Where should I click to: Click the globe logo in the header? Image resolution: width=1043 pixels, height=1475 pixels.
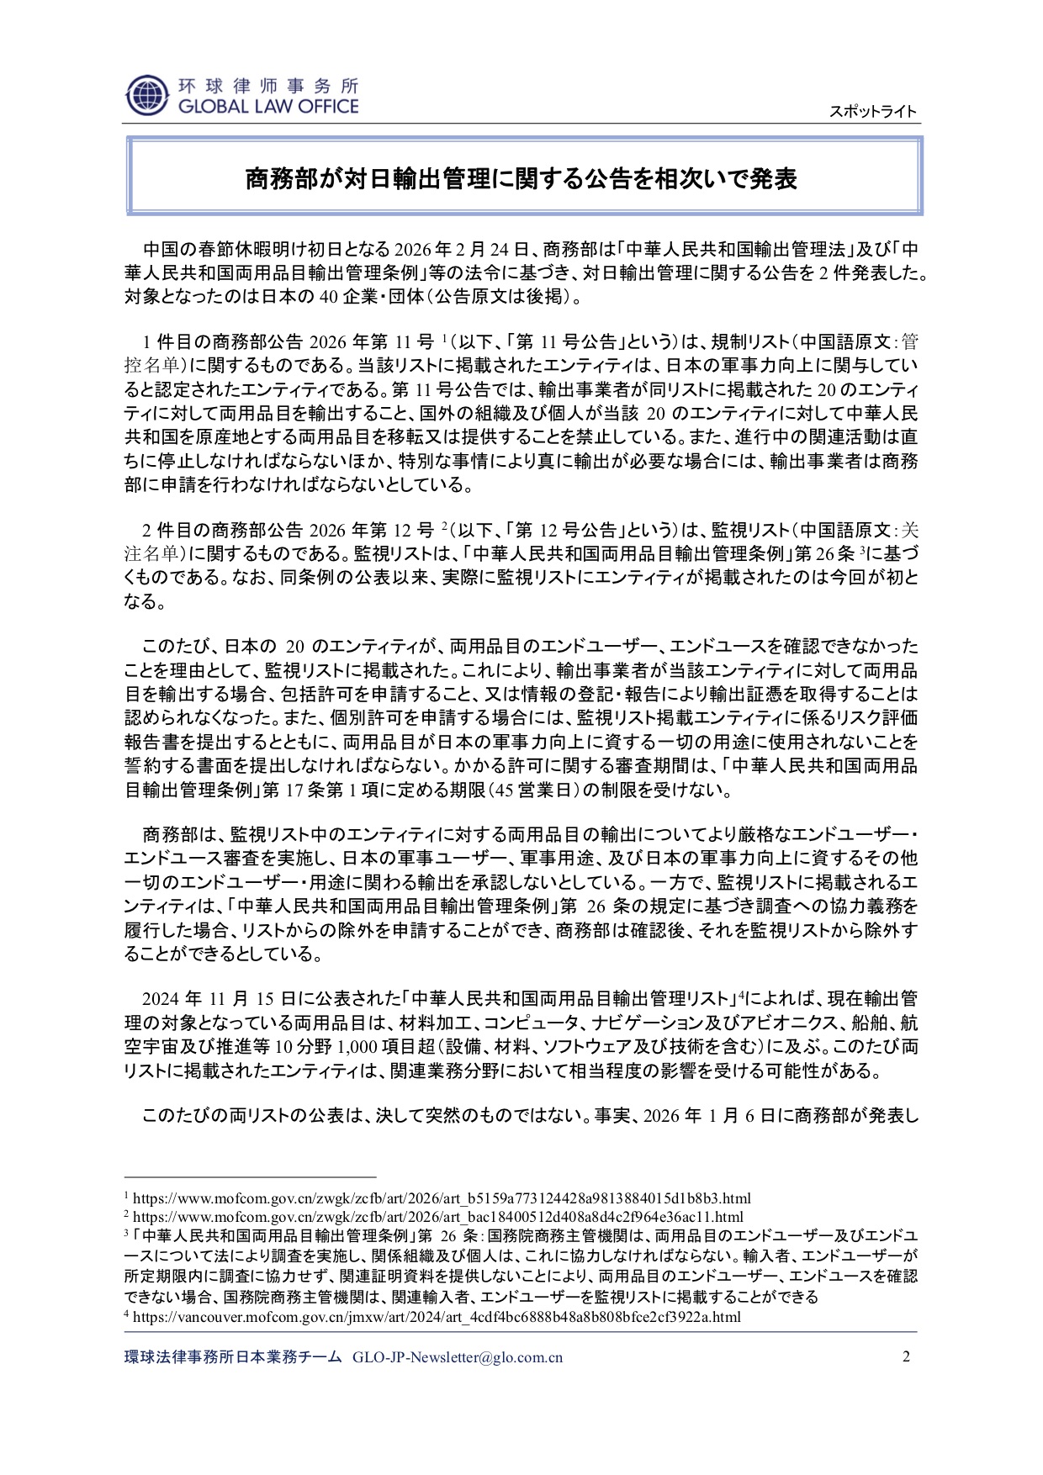[146, 95]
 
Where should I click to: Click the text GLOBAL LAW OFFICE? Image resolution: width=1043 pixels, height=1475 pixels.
[267, 107]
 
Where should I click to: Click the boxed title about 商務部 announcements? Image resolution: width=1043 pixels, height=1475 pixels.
[521, 178]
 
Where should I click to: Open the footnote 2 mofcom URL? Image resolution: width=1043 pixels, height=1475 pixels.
[438, 1217]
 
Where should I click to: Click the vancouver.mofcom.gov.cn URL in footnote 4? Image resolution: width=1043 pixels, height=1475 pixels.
[437, 1317]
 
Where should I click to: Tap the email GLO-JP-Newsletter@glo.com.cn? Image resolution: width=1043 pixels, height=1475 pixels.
[458, 1357]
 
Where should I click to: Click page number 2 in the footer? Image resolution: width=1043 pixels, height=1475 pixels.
[906, 1356]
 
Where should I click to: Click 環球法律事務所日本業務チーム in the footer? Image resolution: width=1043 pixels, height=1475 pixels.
[233, 1357]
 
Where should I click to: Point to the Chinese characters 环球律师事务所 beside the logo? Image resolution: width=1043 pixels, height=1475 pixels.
[267, 86]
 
